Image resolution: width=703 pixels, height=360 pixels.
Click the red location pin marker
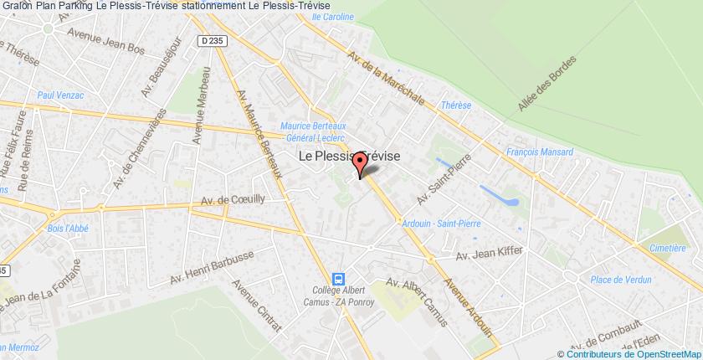click(361, 164)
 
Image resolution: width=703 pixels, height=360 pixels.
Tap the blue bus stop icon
click(337, 279)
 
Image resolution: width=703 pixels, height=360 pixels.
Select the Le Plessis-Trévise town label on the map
click(350, 156)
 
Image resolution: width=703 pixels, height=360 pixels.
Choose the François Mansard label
click(540, 152)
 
